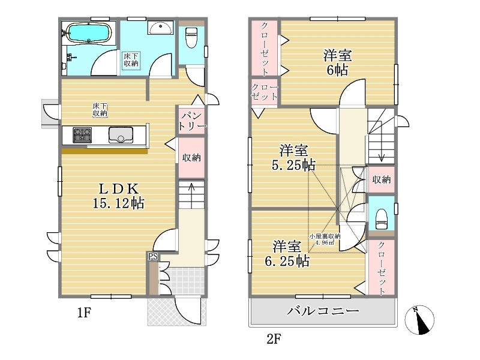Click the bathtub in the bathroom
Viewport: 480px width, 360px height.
(88, 33)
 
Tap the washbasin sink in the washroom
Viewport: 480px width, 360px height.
(160, 28)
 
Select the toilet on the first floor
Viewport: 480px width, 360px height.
(191, 37)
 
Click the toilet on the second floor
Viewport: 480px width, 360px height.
(382, 219)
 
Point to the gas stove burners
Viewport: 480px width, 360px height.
(82, 135)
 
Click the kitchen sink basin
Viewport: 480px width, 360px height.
(121, 135)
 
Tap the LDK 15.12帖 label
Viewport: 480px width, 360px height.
(118, 196)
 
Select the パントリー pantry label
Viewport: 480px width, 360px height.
(192, 121)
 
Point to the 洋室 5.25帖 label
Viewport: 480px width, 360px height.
(293, 158)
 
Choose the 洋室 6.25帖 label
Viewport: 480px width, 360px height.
(287, 254)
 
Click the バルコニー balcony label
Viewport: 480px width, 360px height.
(323, 311)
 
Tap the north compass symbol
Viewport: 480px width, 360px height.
(419, 320)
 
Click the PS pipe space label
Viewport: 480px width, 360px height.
(153, 257)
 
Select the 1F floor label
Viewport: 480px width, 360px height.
(84, 313)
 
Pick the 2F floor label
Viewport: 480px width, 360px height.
(274, 339)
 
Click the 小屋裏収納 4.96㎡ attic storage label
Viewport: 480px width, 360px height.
(325, 239)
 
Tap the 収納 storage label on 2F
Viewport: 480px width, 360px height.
(382, 179)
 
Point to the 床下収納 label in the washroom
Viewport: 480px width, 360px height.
(131, 59)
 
